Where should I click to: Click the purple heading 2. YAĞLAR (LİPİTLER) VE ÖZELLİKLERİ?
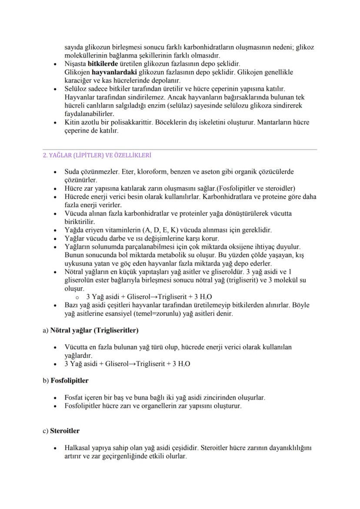103,155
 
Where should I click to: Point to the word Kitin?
71,122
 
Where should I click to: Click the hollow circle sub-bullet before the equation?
77,297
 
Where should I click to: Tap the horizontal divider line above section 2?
180,150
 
